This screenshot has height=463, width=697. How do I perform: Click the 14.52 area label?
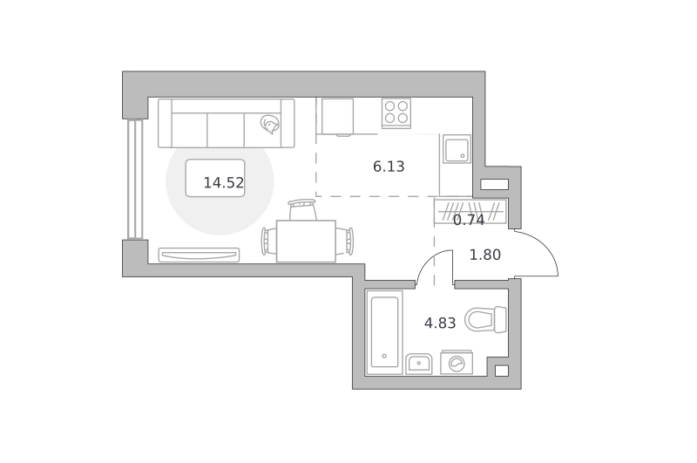coord(224,183)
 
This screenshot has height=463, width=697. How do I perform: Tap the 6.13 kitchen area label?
coord(389,167)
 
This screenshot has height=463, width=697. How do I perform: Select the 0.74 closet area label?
coord(469,220)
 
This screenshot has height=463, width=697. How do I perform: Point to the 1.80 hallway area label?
coord(485,255)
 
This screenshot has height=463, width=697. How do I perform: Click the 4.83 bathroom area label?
coord(440,323)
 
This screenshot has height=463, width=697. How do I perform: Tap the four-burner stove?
coord(396,113)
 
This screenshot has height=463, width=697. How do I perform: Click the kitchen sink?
coord(457,149)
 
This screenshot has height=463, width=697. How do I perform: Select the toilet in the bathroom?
coord(486,319)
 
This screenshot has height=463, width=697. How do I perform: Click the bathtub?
coord(384,332)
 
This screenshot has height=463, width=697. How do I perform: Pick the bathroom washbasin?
coord(419,364)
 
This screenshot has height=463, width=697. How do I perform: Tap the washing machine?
coord(457,363)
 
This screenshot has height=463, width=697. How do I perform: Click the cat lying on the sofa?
coord(270,124)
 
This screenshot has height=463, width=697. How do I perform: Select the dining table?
coord(306,241)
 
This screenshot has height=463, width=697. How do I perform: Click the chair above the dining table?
coord(302,209)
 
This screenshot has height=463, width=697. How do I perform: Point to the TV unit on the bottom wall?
coord(200,255)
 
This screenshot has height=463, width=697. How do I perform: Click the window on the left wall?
coord(135,180)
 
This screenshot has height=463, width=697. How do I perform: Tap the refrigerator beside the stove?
coord(337,117)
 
